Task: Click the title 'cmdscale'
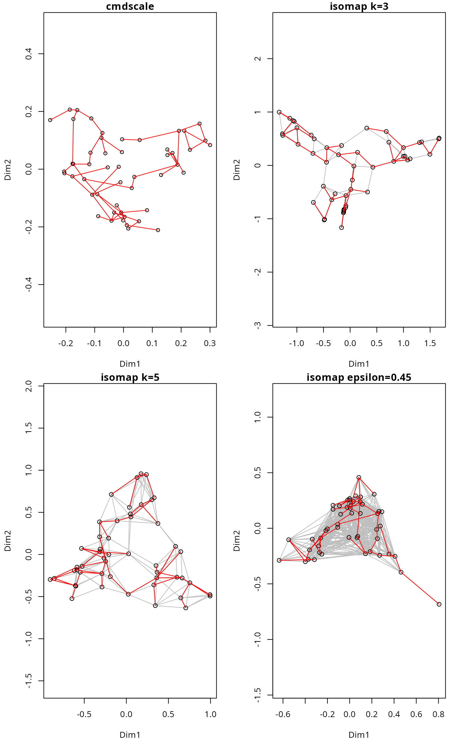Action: click(x=130, y=6)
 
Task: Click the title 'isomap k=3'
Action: click(x=359, y=6)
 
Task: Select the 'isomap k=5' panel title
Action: click(x=130, y=377)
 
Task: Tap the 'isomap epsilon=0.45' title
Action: click(x=359, y=377)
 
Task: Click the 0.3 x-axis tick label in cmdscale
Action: click(x=210, y=343)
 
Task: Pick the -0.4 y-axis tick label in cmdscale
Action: click(x=29, y=285)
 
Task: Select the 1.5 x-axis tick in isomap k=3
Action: click(x=430, y=343)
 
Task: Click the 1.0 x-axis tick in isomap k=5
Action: click(x=210, y=714)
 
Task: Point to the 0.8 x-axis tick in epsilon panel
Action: click(x=438, y=714)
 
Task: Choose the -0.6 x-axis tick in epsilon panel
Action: click(x=283, y=714)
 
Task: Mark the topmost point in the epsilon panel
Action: click(x=359, y=478)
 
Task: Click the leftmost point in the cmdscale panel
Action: click(x=50, y=120)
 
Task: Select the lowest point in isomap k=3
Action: click(x=342, y=228)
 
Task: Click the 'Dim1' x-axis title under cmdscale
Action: click(x=130, y=364)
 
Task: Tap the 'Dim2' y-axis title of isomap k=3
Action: click(x=237, y=170)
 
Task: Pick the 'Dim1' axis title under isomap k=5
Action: click(x=130, y=735)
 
